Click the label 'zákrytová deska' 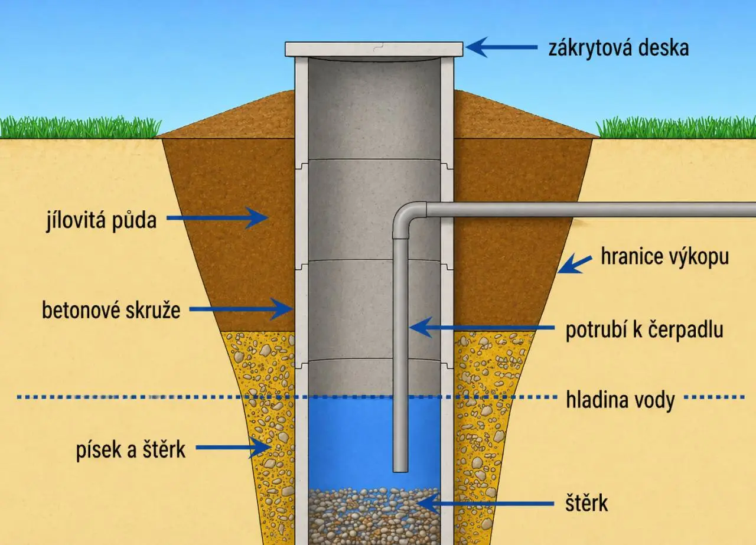click(x=618, y=48)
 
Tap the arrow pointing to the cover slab click(x=501, y=47)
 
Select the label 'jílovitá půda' click(x=102, y=220)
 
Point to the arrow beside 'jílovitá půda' click(x=218, y=218)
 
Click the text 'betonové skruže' click(x=111, y=311)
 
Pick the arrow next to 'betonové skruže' click(x=241, y=309)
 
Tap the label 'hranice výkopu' click(x=665, y=257)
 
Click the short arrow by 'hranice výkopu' click(x=575, y=264)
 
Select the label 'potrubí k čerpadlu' click(x=644, y=329)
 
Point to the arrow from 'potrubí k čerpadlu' click(x=481, y=327)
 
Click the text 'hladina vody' click(x=620, y=400)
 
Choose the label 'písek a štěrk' click(x=131, y=449)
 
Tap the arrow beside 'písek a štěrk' click(x=233, y=448)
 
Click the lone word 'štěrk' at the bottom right click(x=586, y=503)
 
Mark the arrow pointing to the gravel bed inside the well click(x=485, y=504)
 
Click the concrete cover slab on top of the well click(x=374, y=49)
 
